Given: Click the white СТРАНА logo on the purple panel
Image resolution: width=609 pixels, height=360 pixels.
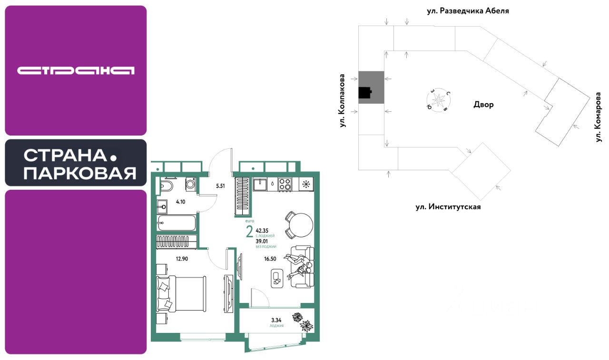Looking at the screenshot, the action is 76,70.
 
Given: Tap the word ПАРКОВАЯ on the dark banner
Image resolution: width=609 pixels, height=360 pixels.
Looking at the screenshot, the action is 80,174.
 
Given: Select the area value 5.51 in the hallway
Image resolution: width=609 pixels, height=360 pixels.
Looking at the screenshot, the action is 220,186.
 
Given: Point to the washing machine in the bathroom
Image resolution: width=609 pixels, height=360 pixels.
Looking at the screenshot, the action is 190,184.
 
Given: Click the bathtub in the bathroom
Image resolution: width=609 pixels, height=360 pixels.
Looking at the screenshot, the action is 177,223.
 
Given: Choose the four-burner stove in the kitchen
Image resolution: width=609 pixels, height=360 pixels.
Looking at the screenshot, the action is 285,184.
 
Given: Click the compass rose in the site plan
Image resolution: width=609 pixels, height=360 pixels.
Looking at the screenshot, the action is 438,99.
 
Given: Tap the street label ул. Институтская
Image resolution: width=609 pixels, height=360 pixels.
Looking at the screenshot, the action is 445,207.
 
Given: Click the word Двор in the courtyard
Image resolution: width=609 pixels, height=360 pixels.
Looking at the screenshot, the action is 483,105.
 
